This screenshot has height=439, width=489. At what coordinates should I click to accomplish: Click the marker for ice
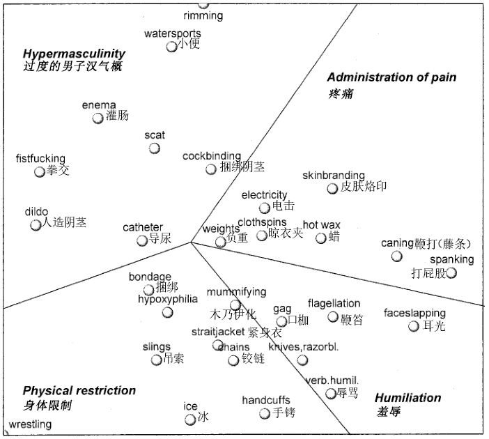pos(190,419)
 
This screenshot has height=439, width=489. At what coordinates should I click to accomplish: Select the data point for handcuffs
pos(265,414)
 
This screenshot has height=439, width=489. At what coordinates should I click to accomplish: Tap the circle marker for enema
pos(98,118)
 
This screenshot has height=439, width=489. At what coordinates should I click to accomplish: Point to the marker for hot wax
pos(320,238)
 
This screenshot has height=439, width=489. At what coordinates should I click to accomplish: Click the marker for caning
pos(396,256)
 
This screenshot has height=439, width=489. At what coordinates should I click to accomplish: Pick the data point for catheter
pos(142,240)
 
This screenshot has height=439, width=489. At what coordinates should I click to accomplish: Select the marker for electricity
pos(264,208)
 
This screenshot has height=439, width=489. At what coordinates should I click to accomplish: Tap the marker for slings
pos(156,360)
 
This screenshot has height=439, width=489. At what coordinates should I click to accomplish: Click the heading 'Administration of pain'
pos(391,77)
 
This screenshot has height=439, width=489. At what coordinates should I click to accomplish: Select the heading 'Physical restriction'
pos(79,391)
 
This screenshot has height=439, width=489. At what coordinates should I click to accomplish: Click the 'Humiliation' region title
pos(408,398)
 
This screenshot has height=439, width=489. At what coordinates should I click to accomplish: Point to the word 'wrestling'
pos(30,424)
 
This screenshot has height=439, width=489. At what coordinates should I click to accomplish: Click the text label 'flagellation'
pos(334,303)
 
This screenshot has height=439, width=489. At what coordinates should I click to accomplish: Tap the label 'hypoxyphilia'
pos(168,299)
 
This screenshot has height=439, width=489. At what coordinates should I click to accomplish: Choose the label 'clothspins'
pos(262,222)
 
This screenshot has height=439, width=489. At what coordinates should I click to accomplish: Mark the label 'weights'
pos(221,229)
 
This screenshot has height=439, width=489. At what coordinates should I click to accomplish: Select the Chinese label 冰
pos(203,417)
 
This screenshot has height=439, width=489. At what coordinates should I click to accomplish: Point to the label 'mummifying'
pos(236,293)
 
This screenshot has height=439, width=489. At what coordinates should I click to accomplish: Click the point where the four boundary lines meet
pos(191,242)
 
